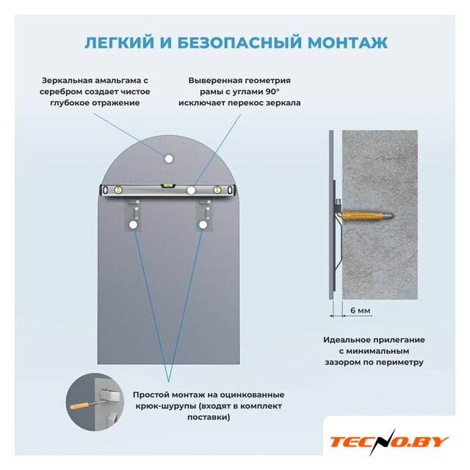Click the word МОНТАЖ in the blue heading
pyautogui.click(x=347, y=43)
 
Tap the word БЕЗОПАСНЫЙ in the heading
pyautogui.click(x=239, y=43)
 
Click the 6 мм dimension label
pyautogui.click(x=361, y=311)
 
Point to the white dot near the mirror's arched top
pyautogui.click(x=169, y=159)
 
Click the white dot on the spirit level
pyautogui.click(x=191, y=190)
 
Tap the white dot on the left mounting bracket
pyautogui.click(x=133, y=225)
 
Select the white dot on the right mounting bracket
pyautogui.click(x=203, y=225)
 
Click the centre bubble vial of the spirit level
pyautogui.click(x=166, y=186)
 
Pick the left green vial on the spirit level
pyautogui.click(x=118, y=189)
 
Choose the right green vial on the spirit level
pyautogui.click(x=217, y=189)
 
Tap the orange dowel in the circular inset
pyautogui.click(x=79, y=406)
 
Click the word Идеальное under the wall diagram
pyautogui.click(x=348, y=340)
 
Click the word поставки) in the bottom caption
pyautogui.click(x=209, y=418)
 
